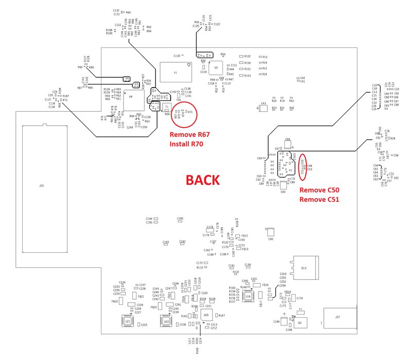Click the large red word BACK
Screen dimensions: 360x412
tap(203, 180)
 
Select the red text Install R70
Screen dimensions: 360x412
tap(186, 144)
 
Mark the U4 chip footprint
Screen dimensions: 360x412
tap(131, 97)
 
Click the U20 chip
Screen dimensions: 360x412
tap(206, 314)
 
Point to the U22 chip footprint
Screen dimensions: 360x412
tap(166, 320)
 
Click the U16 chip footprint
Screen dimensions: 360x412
tap(248, 296)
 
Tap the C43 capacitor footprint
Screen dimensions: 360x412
tap(264, 108)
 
